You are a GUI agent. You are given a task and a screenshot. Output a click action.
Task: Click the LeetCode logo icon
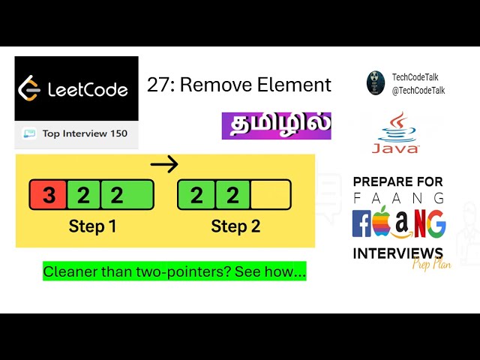(x=29, y=88)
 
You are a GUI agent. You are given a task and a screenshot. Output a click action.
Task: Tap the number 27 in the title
(x=156, y=85)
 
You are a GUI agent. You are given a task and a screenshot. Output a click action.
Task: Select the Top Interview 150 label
(x=84, y=133)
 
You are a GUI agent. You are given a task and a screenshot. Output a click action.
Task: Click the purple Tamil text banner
(x=276, y=125)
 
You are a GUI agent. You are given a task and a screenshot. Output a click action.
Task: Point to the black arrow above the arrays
(x=165, y=164)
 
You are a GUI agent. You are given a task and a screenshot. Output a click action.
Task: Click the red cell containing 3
(x=48, y=195)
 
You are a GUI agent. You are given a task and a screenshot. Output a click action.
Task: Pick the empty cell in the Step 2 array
(x=270, y=195)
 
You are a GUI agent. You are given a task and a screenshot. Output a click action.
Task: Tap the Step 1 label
(x=92, y=226)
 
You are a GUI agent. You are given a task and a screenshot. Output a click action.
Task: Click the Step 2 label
(x=235, y=226)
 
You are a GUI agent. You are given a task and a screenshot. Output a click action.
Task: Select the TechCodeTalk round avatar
(x=376, y=82)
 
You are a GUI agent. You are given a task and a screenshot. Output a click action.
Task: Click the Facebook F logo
(x=362, y=223)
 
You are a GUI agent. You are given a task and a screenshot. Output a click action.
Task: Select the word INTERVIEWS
(x=397, y=253)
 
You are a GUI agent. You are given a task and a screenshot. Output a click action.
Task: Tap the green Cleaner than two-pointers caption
(x=174, y=271)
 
